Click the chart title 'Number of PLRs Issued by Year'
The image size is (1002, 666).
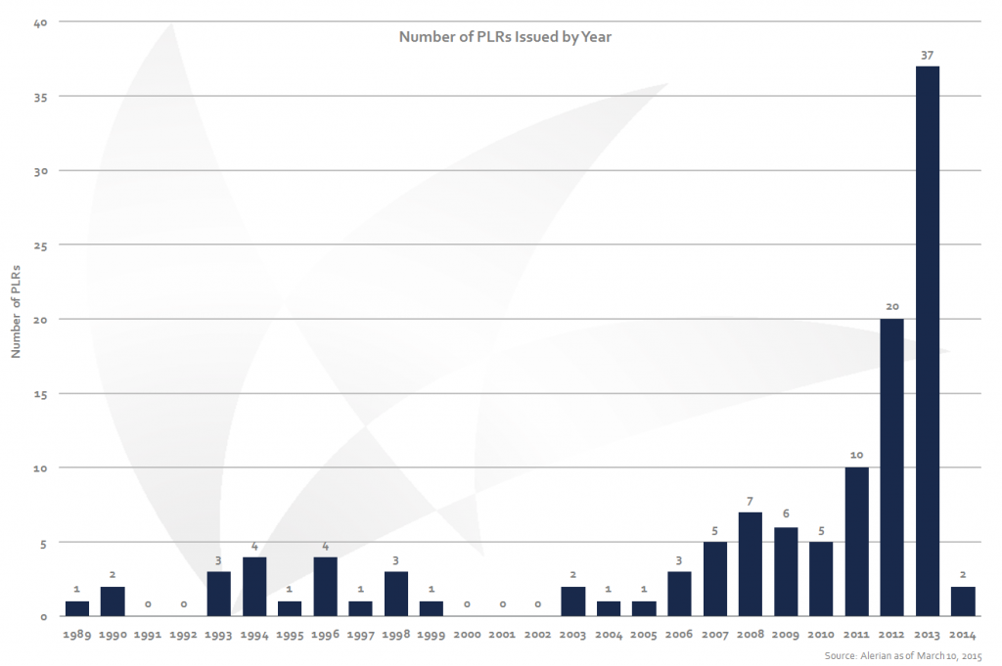[505, 37]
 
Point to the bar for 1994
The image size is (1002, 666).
[254, 586]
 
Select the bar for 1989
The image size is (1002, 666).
[77, 608]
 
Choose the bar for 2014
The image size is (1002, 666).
[963, 600]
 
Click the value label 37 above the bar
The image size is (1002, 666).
[927, 56]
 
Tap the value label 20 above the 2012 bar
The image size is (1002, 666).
[891, 307]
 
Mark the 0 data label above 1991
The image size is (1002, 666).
[148, 604]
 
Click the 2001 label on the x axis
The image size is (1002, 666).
[502, 635]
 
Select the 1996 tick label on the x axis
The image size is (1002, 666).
[325, 635]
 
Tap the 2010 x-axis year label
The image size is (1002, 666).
[821, 635]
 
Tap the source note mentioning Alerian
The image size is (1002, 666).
[903, 654]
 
